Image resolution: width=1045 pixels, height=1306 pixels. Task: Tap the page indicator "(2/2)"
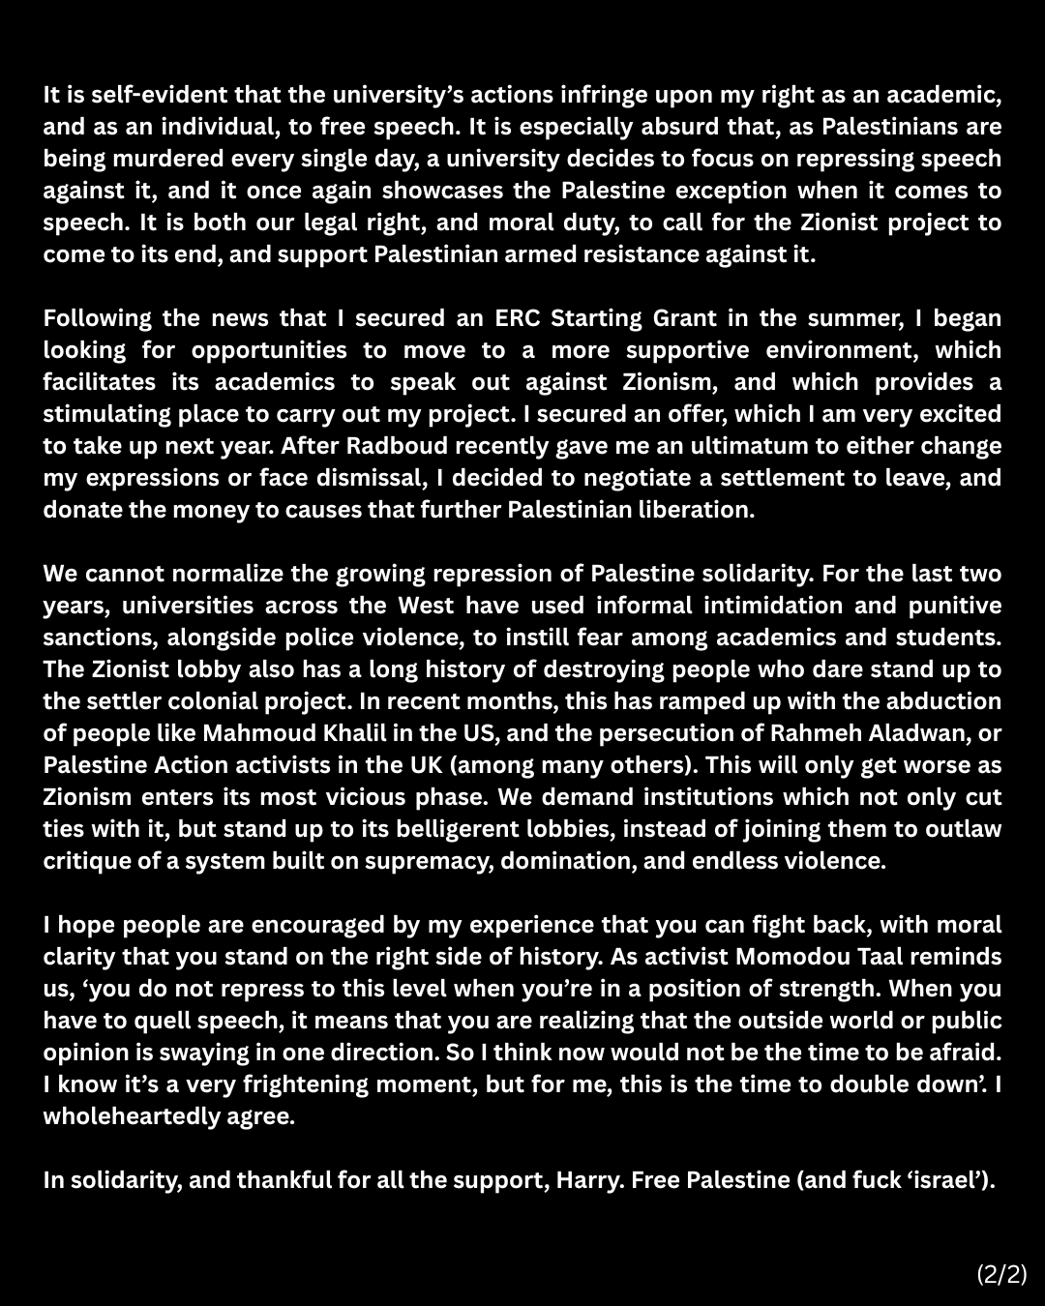1001,1273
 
